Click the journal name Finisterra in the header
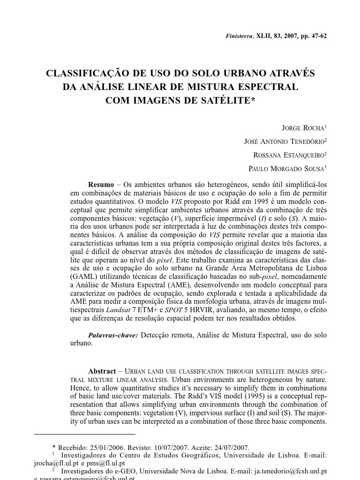(x=239, y=36)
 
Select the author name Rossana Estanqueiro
(x=289, y=155)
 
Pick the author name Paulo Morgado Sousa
(x=287, y=169)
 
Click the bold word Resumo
(x=101, y=185)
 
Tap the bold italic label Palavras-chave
(x=113, y=335)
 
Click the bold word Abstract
(x=102, y=371)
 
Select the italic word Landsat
(x=117, y=310)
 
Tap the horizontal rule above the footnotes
(x=85, y=435)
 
